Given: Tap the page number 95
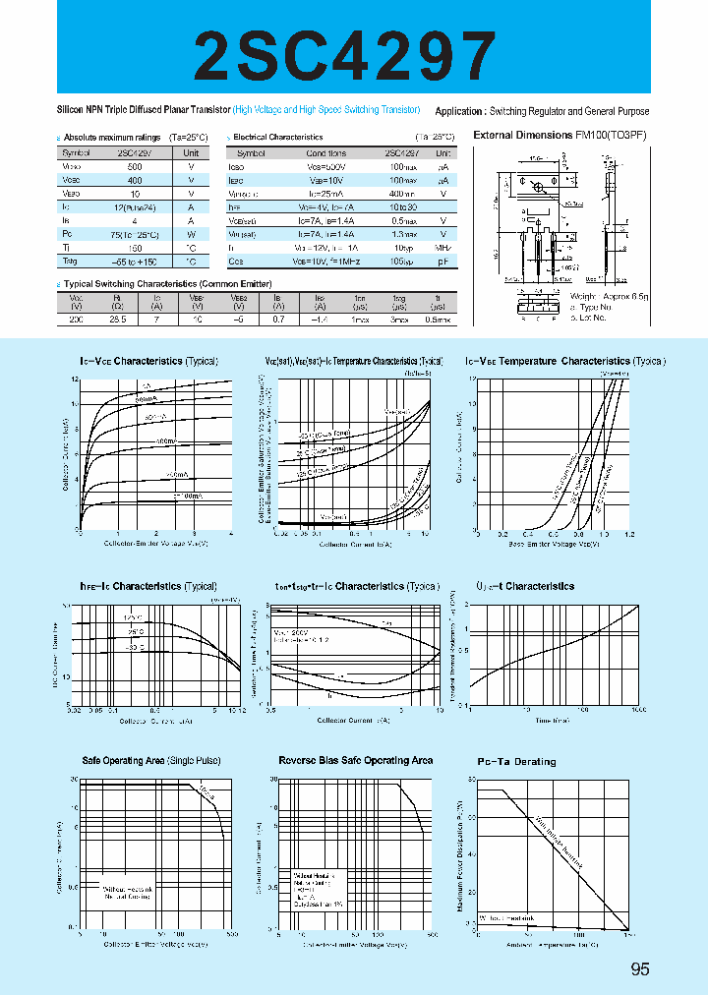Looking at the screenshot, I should pyautogui.click(x=640, y=968).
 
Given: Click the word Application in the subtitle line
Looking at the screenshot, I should pyautogui.click(x=459, y=111).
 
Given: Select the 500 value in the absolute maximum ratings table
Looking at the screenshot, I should pyautogui.click(x=134, y=167).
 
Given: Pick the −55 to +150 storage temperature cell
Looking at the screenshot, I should pyautogui.click(x=134, y=263).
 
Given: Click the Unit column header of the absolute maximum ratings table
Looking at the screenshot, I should pyautogui.click(x=191, y=153).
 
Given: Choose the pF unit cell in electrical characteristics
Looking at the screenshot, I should pyautogui.click(x=443, y=263).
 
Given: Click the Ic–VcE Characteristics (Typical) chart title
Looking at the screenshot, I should pyautogui.click(x=148, y=361).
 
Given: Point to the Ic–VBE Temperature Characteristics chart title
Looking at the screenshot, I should pyautogui.click(x=564, y=361).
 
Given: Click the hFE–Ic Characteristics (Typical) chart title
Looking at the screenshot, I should pyautogui.click(x=148, y=586).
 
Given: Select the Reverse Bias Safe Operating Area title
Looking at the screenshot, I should pyautogui.click(x=355, y=761).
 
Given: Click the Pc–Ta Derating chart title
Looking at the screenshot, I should pyautogui.click(x=516, y=762).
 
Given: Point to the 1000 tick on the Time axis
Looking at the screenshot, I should pyautogui.click(x=636, y=708).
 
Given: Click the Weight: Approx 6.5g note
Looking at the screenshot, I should pyautogui.click(x=610, y=295).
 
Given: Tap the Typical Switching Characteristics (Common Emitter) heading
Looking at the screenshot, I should pyautogui.click(x=146, y=283).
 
